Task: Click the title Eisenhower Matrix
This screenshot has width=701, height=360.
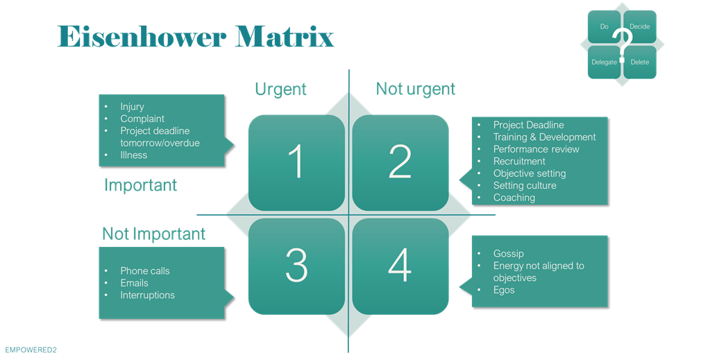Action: click(195, 37)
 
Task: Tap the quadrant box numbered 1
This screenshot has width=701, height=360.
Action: click(296, 162)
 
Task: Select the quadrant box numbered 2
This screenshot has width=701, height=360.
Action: click(400, 162)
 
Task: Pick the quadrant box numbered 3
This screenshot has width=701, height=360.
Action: click(296, 265)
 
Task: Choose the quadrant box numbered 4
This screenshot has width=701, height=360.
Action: click(400, 265)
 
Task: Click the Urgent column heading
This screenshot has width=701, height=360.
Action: click(280, 89)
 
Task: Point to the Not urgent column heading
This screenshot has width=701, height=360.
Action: click(415, 89)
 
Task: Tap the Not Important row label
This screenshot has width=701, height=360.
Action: click(153, 234)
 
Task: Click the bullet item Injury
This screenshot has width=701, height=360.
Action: click(132, 107)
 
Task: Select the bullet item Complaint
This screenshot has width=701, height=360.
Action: click(142, 119)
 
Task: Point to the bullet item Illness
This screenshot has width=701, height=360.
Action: click(134, 155)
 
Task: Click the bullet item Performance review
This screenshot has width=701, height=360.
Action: click(536, 149)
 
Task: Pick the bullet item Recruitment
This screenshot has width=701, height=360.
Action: click(519, 161)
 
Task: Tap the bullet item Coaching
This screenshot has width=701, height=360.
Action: click(514, 198)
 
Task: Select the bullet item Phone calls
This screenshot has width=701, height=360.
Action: click(144, 271)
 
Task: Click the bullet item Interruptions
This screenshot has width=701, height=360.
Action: click(147, 295)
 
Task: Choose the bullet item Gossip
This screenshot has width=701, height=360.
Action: click(508, 254)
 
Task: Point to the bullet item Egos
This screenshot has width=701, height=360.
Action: click(504, 290)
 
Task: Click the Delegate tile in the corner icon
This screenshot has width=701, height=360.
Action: click(604, 62)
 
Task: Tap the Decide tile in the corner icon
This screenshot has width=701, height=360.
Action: click(640, 26)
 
